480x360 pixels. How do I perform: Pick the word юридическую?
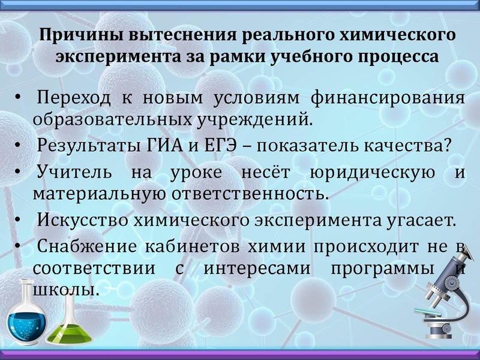(x=372, y=173)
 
